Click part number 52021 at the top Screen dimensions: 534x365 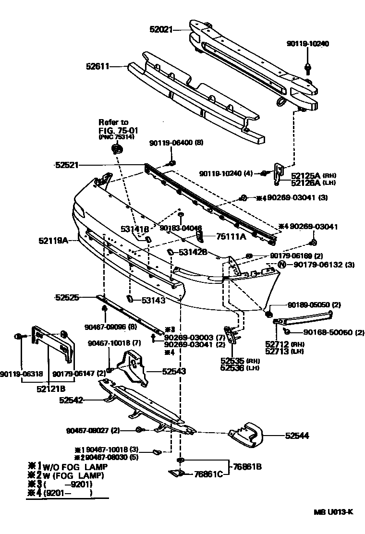tap(161, 29)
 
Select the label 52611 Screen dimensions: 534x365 tap(98, 67)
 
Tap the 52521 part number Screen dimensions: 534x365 tap(67, 165)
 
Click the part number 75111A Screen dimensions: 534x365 tap(231, 236)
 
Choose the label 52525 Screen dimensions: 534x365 tap(67, 298)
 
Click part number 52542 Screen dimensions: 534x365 tap(72, 400)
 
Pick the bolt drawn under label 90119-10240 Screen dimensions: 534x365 tap(306, 67)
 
